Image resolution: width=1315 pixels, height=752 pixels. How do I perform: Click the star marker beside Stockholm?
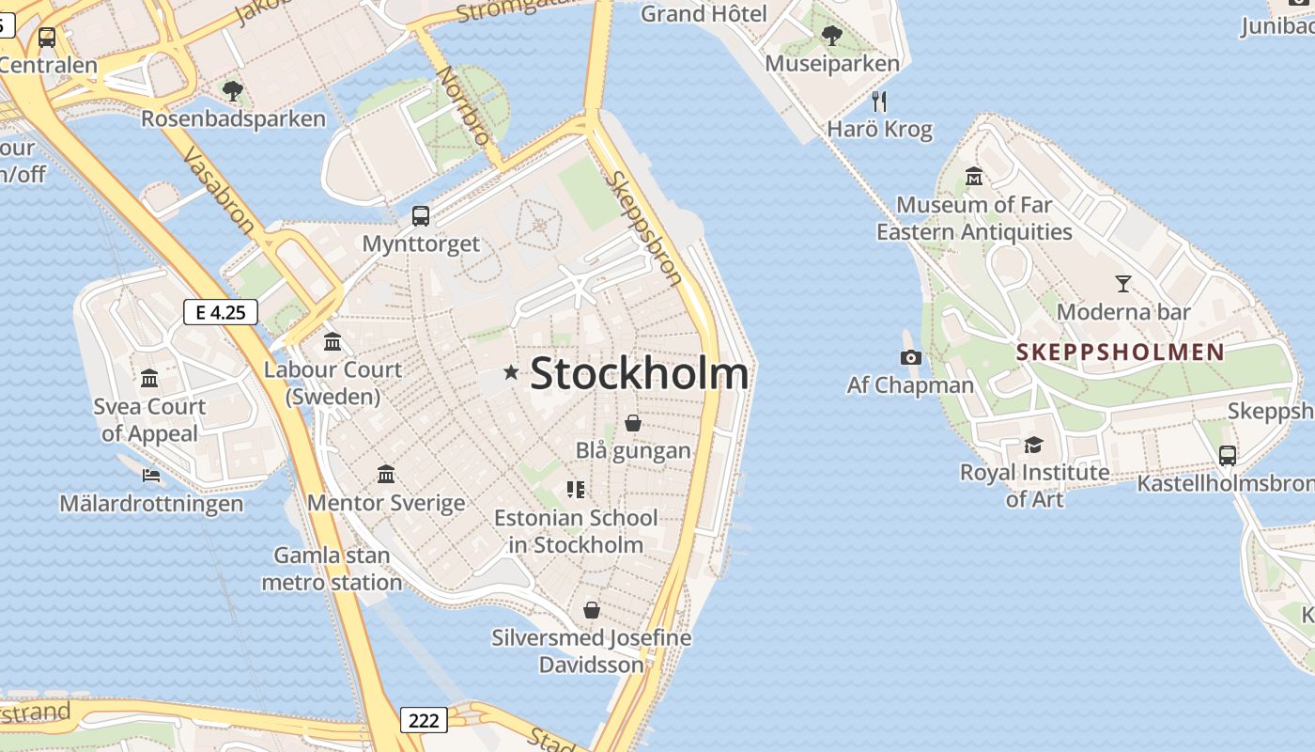pyautogui.click(x=511, y=373)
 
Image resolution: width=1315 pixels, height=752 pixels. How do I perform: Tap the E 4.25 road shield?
pyautogui.click(x=221, y=312)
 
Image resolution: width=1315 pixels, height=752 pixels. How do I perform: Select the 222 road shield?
pyautogui.click(x=424, y=720)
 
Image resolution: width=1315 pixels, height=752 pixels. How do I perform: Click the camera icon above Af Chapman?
pyautogui.click(x=910, y=357)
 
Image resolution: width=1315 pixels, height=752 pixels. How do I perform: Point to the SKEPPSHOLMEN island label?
pyautogui.click(x=1121, y=352)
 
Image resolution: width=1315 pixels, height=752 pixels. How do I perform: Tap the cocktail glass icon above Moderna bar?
pyautogui.click(x=1122, y=283)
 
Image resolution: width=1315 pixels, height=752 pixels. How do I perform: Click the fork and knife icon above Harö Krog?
pyautogui.click(x=879, y=101)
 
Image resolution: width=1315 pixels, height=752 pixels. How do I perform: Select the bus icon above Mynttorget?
pyautogui.click(x=421, y=216)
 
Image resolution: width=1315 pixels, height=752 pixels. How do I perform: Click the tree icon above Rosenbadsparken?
pyautogui.click(x=233, y=91)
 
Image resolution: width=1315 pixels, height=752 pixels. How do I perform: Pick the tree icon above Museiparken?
pyautogui.click(x=831, y=36)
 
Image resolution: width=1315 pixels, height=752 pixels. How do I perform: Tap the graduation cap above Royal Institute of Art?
pyautogui.click(x=1033, y=445)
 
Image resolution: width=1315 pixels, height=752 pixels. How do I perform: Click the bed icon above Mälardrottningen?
pyautogui.click(x=150, y=476)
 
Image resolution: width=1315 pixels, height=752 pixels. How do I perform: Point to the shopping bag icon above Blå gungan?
pyautogui.click(x=633, y=423)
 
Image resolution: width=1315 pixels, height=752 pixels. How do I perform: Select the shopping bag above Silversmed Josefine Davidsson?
pyautogui.click(x=591, y=610)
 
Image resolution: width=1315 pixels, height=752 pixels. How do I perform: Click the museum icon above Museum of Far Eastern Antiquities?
pyautogui.click(x=973, y=177)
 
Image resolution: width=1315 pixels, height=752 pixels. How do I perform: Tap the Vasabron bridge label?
pyautogui.click(x=218, y=190)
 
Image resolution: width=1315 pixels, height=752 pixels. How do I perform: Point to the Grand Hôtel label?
pyautogui.click(x=704, y=13)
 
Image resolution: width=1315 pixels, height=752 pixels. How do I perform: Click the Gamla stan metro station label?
pyautogui.click(x=332, y=569)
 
